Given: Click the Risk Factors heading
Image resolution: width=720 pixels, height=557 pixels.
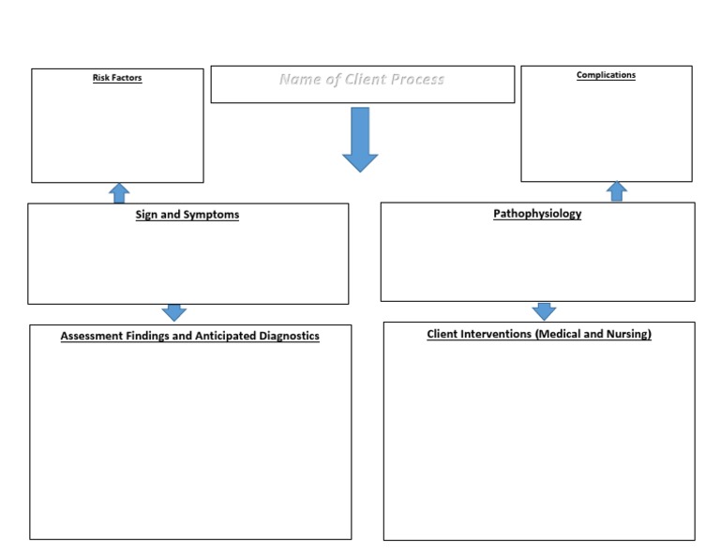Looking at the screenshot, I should (x=117, y=78).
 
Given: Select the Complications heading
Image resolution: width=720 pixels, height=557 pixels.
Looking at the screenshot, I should (x=606, y=75).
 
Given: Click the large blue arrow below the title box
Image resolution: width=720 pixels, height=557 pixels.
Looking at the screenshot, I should (x=360, y=139).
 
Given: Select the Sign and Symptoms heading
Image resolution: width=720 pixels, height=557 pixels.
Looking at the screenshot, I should (x=187, y=215).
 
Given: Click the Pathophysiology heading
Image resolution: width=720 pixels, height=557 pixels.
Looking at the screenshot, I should (x=537, y=214).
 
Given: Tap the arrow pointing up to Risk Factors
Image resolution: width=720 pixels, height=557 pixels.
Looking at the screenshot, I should (x=119, y=193).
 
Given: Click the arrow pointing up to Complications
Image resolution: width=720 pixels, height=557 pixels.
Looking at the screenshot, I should (x=616, y=191).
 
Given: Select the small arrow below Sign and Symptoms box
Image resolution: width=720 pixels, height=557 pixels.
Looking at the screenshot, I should (x=174, y=312).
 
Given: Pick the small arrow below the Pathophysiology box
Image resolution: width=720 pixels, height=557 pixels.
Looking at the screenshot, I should (x=544, y=311).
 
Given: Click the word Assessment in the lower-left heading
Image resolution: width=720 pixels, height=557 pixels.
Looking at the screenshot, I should (x=92, y=336).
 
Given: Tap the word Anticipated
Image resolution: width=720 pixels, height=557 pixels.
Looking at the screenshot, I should (x=221, y=336).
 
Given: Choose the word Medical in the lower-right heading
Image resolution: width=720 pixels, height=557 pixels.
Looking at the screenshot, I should (x=558, y=334).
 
